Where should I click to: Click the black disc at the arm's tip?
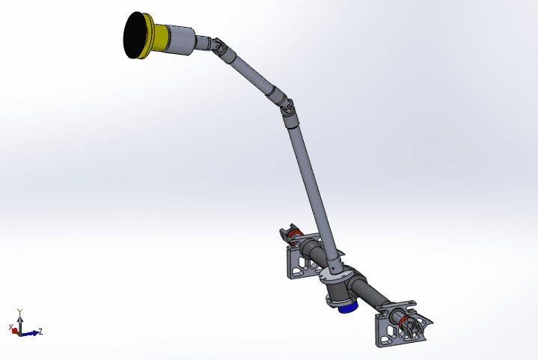pos(135,35)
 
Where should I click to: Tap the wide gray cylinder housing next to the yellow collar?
pos(180,40)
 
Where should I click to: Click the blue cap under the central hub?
pos(346,307)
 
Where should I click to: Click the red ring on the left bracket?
pos(295,237)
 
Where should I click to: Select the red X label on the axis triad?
pos(12,328)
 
